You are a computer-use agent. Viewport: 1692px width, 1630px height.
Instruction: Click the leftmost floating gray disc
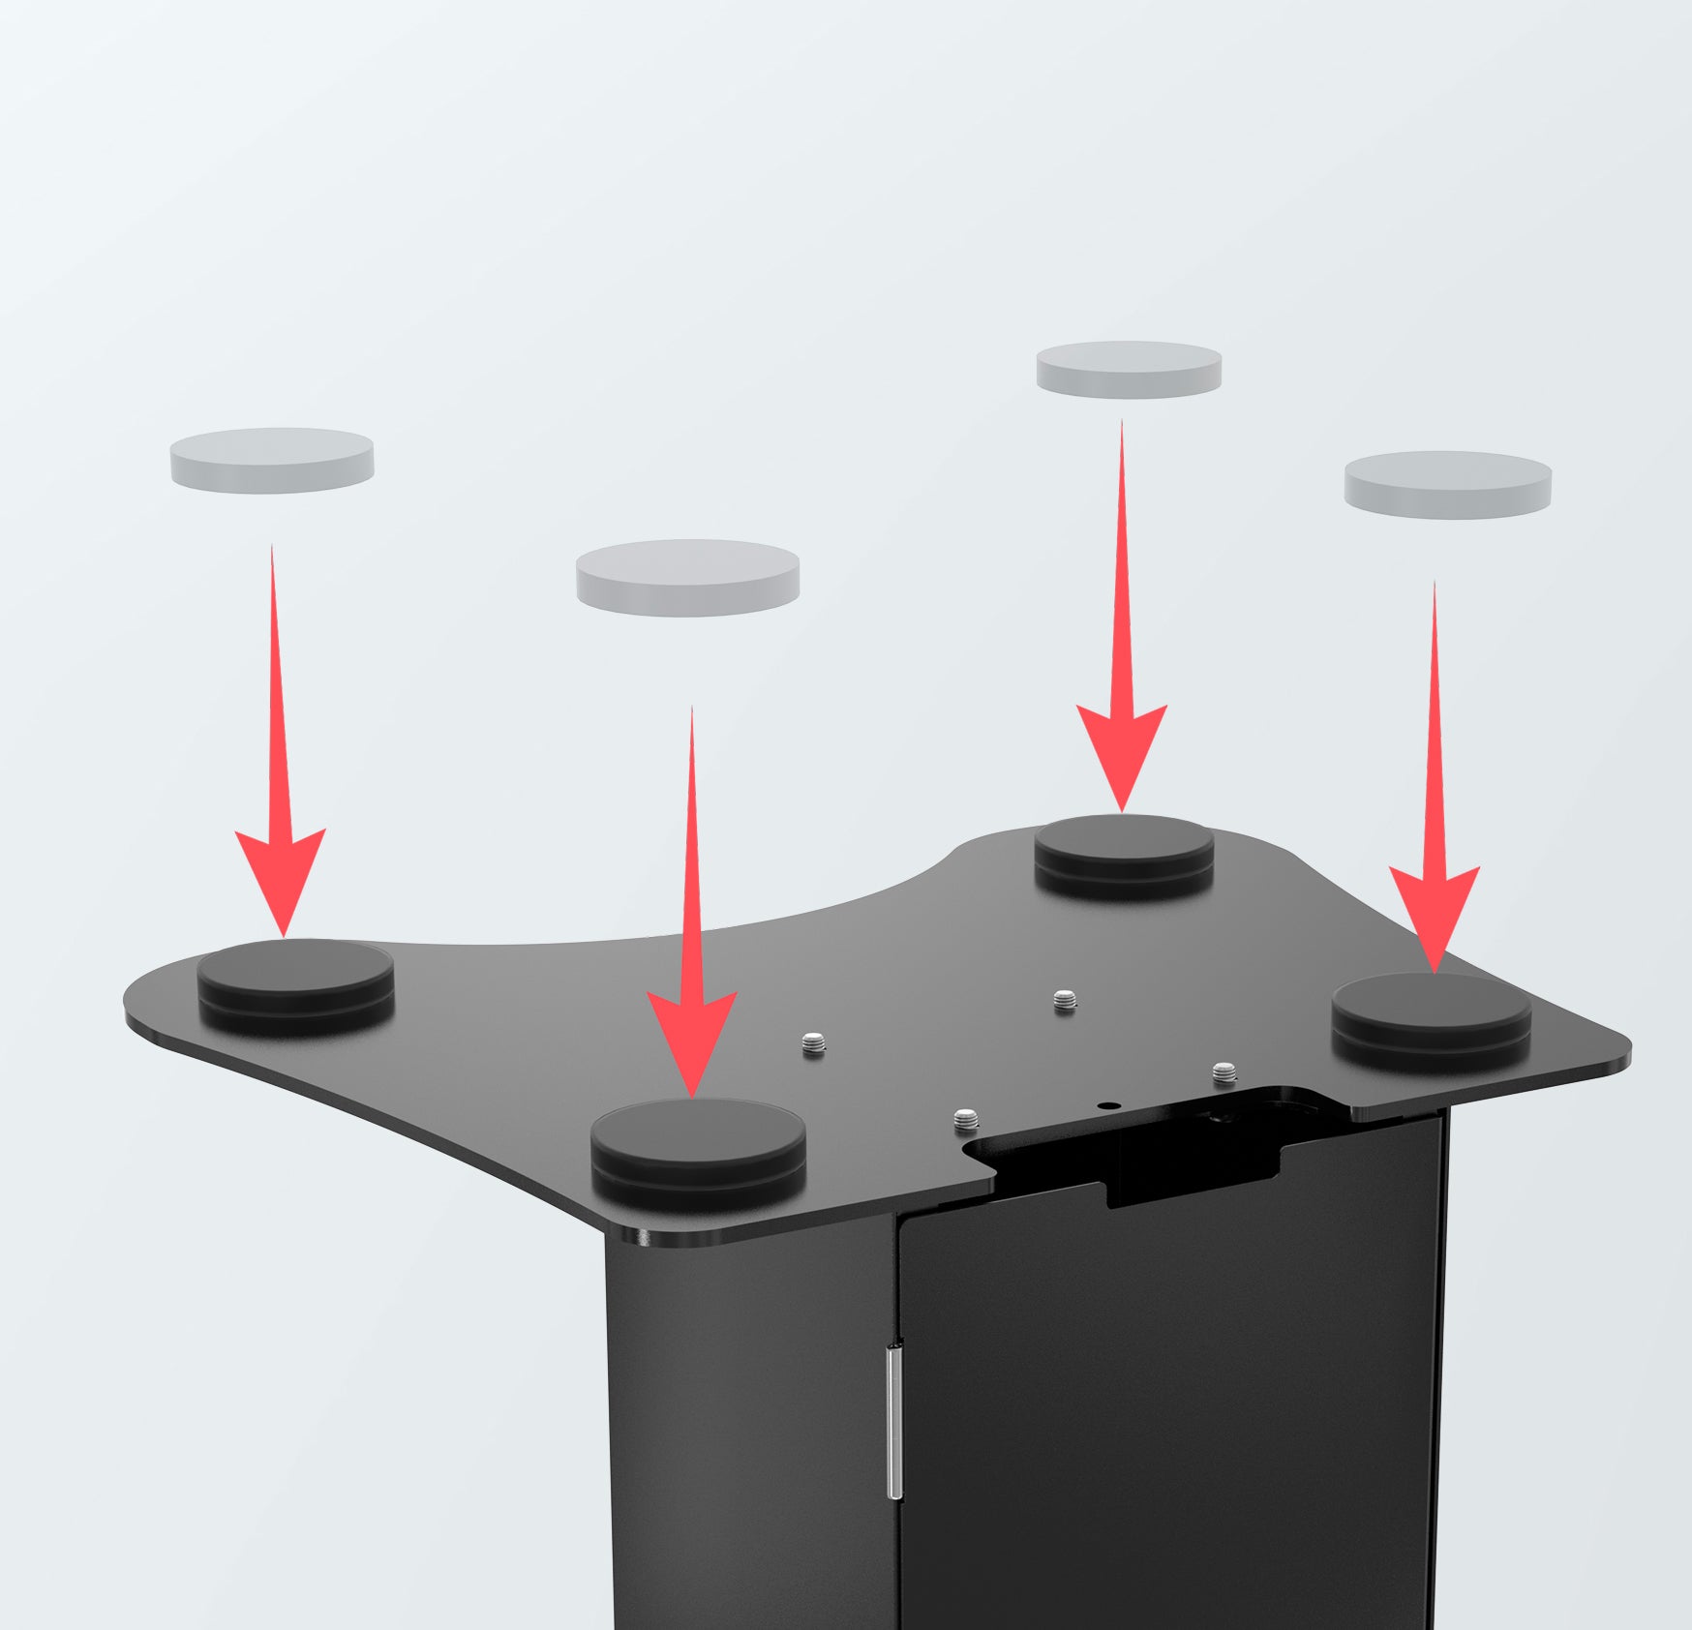272,460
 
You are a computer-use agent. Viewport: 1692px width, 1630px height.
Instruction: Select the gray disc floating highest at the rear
1129,369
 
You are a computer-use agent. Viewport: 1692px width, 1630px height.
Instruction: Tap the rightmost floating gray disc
1448,484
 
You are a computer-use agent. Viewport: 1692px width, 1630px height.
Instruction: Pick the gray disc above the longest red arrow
687,577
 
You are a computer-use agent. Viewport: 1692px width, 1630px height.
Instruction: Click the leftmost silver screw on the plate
814,1044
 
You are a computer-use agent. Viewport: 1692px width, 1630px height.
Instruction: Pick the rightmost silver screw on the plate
1224,1071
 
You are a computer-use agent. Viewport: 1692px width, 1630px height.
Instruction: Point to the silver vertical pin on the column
895,1423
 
